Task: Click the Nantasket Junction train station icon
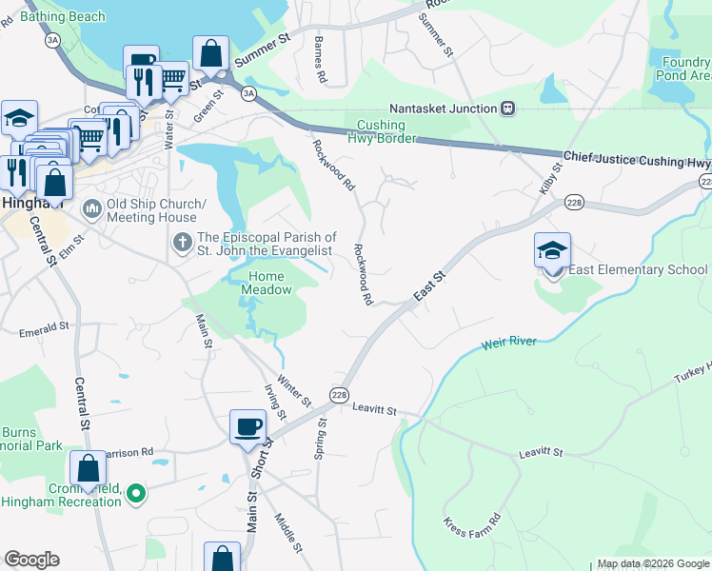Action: click(508, 108)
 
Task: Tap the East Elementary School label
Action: click(639, 270)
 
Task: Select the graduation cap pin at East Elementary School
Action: click(552, 252)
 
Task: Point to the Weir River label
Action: click(509, 342)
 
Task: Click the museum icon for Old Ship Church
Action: click(92, 207)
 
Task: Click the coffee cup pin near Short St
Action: click(248, 427)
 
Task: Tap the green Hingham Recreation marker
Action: click(136, 493)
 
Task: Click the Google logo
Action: click(31, 560)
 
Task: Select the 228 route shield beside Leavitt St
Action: click(339, 394)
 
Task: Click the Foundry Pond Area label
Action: click(685, 69)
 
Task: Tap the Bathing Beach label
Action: click(58, 17)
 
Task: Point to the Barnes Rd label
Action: click(321, 60)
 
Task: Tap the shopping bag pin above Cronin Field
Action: click(88, 469)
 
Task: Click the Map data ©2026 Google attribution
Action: click(653, 563)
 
